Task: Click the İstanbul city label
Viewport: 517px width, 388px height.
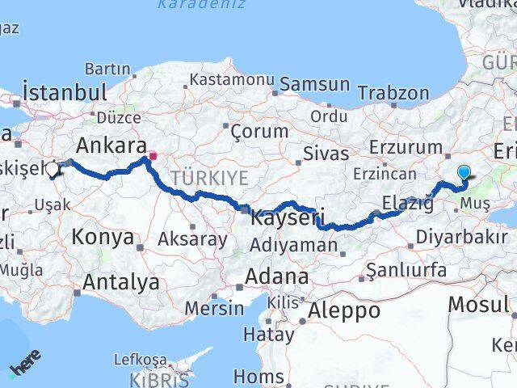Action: click(65, 91)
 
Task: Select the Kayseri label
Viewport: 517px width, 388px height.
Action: click(288, 217)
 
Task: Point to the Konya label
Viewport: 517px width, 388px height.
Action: click(103, 237)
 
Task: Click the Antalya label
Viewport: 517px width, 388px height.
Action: click(120, 282)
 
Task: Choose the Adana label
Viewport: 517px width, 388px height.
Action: click(277, 276)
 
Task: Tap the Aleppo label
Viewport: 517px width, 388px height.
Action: click(344, 310)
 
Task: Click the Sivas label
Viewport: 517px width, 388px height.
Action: click(326, 154)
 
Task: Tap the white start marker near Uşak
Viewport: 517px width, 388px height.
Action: click(53, 170)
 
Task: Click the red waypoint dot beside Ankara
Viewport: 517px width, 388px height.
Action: click(153, 155)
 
